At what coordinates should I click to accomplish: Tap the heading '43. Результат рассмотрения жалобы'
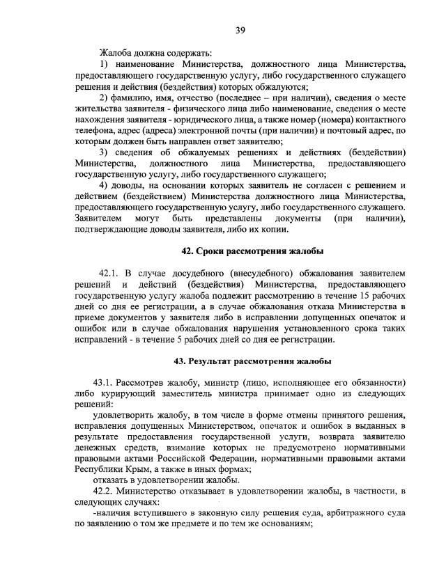click(x=252, y=361)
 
